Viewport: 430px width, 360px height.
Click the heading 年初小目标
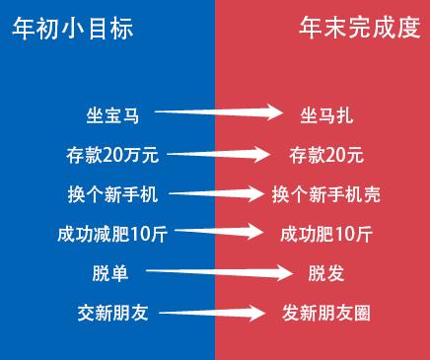pyautogui.click(x=73, y=29)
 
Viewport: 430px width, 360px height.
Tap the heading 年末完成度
pyautogui.click(x=360, y=29)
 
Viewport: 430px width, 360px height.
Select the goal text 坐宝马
pyautogui.click(x=112, y=115)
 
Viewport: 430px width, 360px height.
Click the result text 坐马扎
pyautogui.click(x=326, y=115)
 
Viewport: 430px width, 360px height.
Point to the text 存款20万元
pyautogui.click(x=112, y=155)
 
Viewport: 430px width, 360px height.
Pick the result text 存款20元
pyautogui.click(x=326, y=155)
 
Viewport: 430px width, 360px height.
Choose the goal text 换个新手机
pyautogui.click(x=112, y=194)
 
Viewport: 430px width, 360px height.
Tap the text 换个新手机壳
pyautogui.click(x=326, y=194)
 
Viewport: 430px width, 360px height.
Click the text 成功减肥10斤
pyautogui.click(x=112, y=234)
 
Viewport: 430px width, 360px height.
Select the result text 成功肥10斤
pyautogui.click(x=326, y=234)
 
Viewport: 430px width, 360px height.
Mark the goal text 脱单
pyautogui.click(x=110, y=273)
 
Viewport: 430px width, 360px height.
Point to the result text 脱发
pyautogui.click(x=326, y=273)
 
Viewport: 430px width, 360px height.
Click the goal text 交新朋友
pyautogui.click(x=112, y=313)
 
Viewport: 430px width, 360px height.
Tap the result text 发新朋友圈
pyautogui.click(x=326, y=313)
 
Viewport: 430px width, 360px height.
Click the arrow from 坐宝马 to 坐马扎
pyautogui.click(x=219, y=112)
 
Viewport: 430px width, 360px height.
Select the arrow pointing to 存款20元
pyautogui.click(x=219, y=154)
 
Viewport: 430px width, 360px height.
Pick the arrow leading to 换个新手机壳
pyautogui.click(x=216, y=193)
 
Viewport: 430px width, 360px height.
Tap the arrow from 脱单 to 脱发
pyautogui.click(x=219, y=272)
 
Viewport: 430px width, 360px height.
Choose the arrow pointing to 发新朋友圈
pyautogui.click(x=212, y=313)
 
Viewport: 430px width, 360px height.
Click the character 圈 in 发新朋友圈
pyautogui.click(x=362, y=313)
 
